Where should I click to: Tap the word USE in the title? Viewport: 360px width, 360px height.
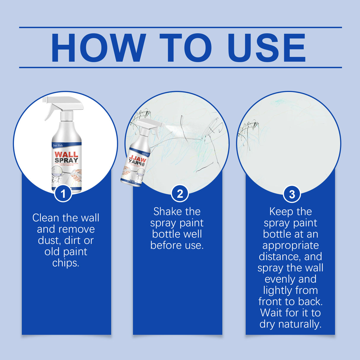[266, 48]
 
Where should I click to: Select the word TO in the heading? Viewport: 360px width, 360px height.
[185, 48]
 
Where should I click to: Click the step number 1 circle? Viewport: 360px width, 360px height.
[63, 194]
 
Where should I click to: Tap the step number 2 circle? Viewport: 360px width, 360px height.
[180, 194]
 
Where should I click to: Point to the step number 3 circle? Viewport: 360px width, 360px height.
[292, 194]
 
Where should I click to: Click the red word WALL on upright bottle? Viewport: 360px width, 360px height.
[66, 154]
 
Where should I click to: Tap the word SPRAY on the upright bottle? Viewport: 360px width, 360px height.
[66, 160]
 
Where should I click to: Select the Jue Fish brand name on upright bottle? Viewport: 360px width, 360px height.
[58, 145]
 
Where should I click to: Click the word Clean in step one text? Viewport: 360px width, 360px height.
[46, 218]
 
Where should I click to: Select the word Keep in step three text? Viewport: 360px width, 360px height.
[280, 212]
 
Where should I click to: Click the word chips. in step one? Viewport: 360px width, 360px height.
[66, 263]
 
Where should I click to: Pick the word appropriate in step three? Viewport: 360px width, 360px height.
[290, 246]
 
